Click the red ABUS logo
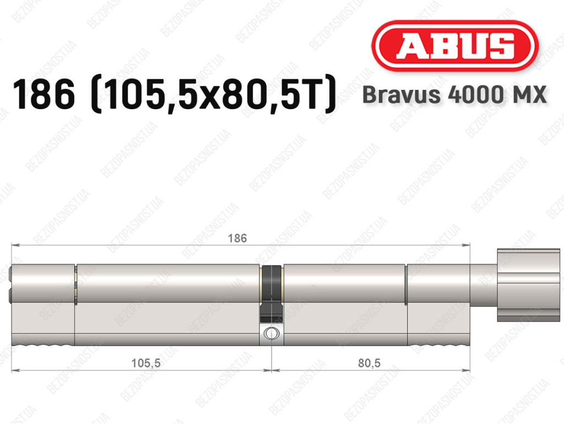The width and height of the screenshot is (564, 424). (454, 46)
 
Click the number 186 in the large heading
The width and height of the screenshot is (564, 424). (44, 95)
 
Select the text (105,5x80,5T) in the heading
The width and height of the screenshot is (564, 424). (214, 95)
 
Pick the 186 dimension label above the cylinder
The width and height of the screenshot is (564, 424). (237, 238)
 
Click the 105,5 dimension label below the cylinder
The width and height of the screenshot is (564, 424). (145, 363)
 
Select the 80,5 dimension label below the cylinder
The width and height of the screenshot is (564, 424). (369, 363)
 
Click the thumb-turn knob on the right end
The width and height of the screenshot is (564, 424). (528, 285)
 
